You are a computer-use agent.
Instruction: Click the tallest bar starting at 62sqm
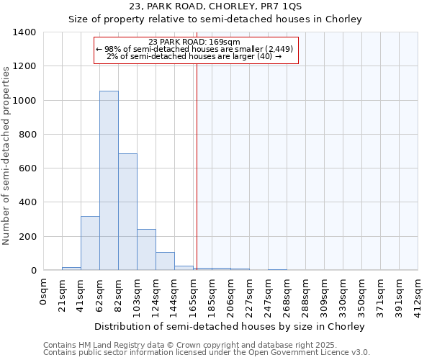[109, 180]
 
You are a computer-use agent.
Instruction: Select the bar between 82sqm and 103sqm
[127, 212]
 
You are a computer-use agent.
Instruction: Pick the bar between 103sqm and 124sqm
[146, 249]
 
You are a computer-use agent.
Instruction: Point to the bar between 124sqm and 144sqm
[165, 261]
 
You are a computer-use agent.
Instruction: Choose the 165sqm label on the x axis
[194, 294]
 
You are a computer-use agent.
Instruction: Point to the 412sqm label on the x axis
[418, 294]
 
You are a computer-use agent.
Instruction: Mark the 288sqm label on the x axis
[306, 294]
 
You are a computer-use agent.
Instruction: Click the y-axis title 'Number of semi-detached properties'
[7, 155]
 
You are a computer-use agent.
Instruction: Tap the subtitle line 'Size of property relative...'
[215, 19]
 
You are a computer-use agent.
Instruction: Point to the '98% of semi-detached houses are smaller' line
[194, 49]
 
